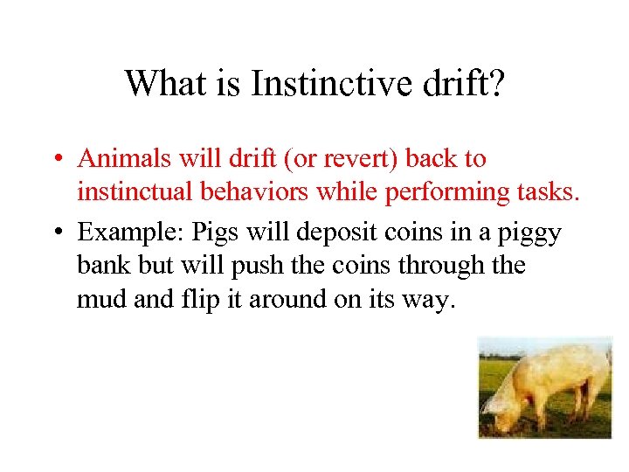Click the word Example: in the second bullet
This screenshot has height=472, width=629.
(x=128, y=233)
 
